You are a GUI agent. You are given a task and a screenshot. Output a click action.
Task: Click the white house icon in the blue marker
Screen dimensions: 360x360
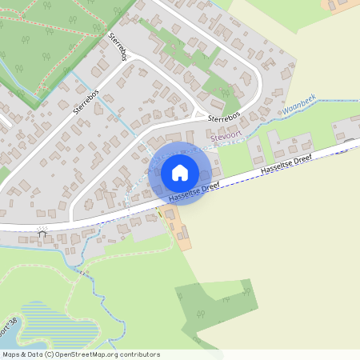pyautogui.click(x=180, y=172)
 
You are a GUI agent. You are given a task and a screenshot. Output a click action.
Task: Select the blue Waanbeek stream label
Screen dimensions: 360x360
pyautogui.click(x=298, y=104)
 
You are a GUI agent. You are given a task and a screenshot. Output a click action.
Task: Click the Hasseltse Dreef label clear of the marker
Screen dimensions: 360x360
pyautogui.click(x=282, y=165)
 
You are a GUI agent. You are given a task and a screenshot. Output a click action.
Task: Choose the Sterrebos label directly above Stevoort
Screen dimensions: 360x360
pyautogui.click(x=225, y=117)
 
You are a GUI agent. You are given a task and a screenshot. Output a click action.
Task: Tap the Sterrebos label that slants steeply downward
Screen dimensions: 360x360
pyautogui.click(x=118, y=47)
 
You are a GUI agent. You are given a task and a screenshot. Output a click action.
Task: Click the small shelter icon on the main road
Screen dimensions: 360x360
pyautogui.click(x=42, y=234)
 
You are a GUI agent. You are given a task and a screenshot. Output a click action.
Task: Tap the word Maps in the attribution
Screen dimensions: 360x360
pyautogui.click(x=11, y=354)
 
